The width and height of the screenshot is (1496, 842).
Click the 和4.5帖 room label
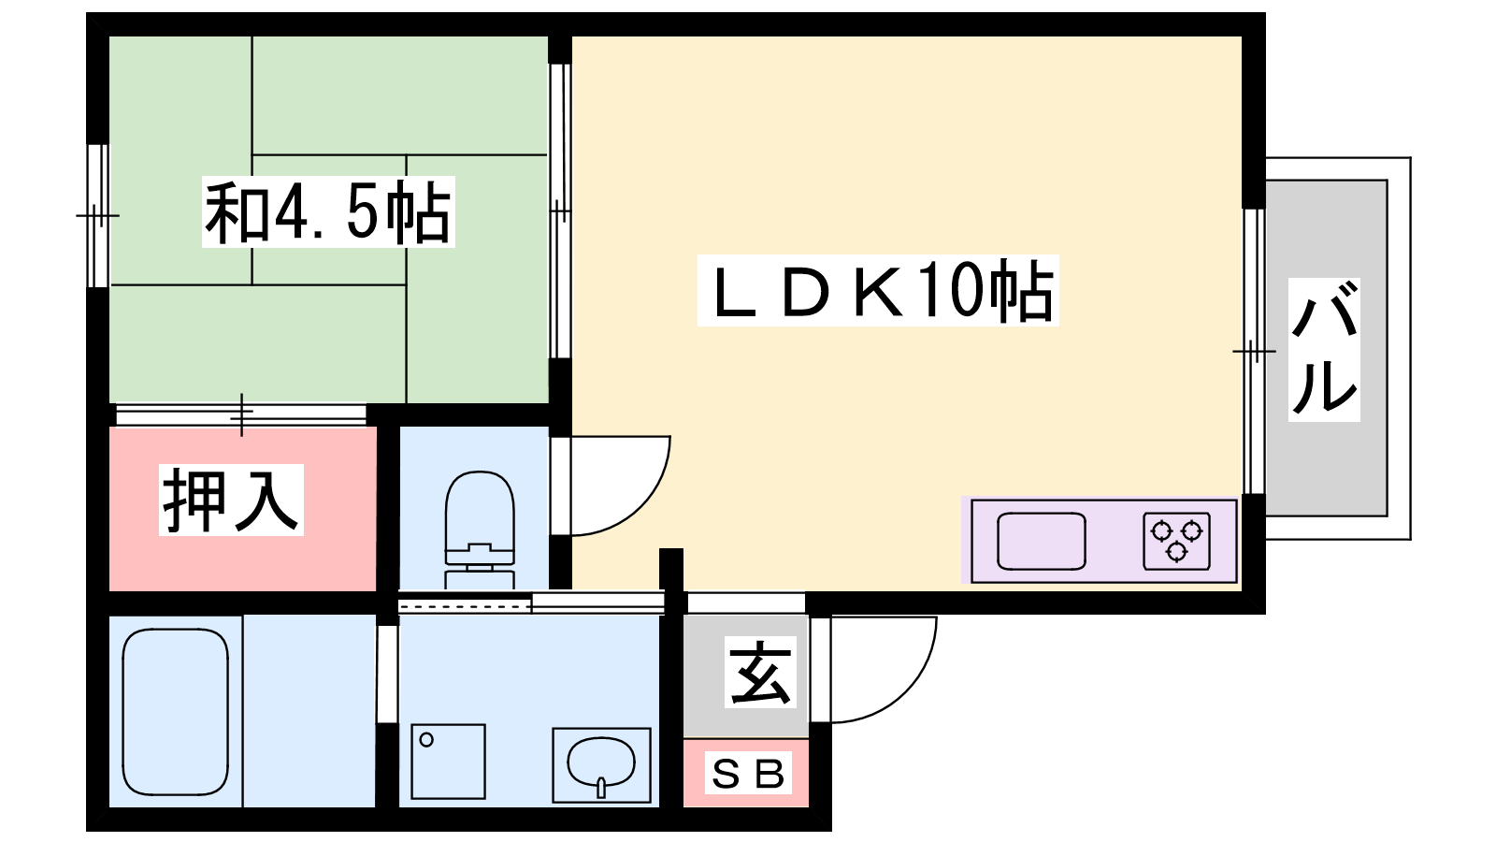(x=327, y=212)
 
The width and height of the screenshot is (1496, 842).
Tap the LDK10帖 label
(x=878, y=291)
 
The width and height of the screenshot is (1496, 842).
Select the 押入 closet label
(x=231, y=501)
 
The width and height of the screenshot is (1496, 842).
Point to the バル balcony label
(x=1324, y=349)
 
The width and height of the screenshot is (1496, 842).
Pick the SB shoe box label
(x=747, y=774)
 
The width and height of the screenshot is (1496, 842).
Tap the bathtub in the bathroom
(x=176, y=712)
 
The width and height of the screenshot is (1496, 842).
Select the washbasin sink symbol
(x=601, y=762)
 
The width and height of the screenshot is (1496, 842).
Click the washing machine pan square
(x=448, y=761)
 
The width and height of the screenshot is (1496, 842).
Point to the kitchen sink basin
(x=1041, y=541)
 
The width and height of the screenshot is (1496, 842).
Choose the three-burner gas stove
(x=1176, y=541)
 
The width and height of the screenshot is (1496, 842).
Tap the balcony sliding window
(x=1254, y=351)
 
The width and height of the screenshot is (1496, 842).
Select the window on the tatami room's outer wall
(x=97, y=215)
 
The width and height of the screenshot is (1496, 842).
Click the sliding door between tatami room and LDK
(x=560, y=210)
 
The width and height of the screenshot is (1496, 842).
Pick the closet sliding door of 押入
(x=241, y=414)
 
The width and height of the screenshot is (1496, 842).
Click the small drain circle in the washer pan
(x=426, y=740)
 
